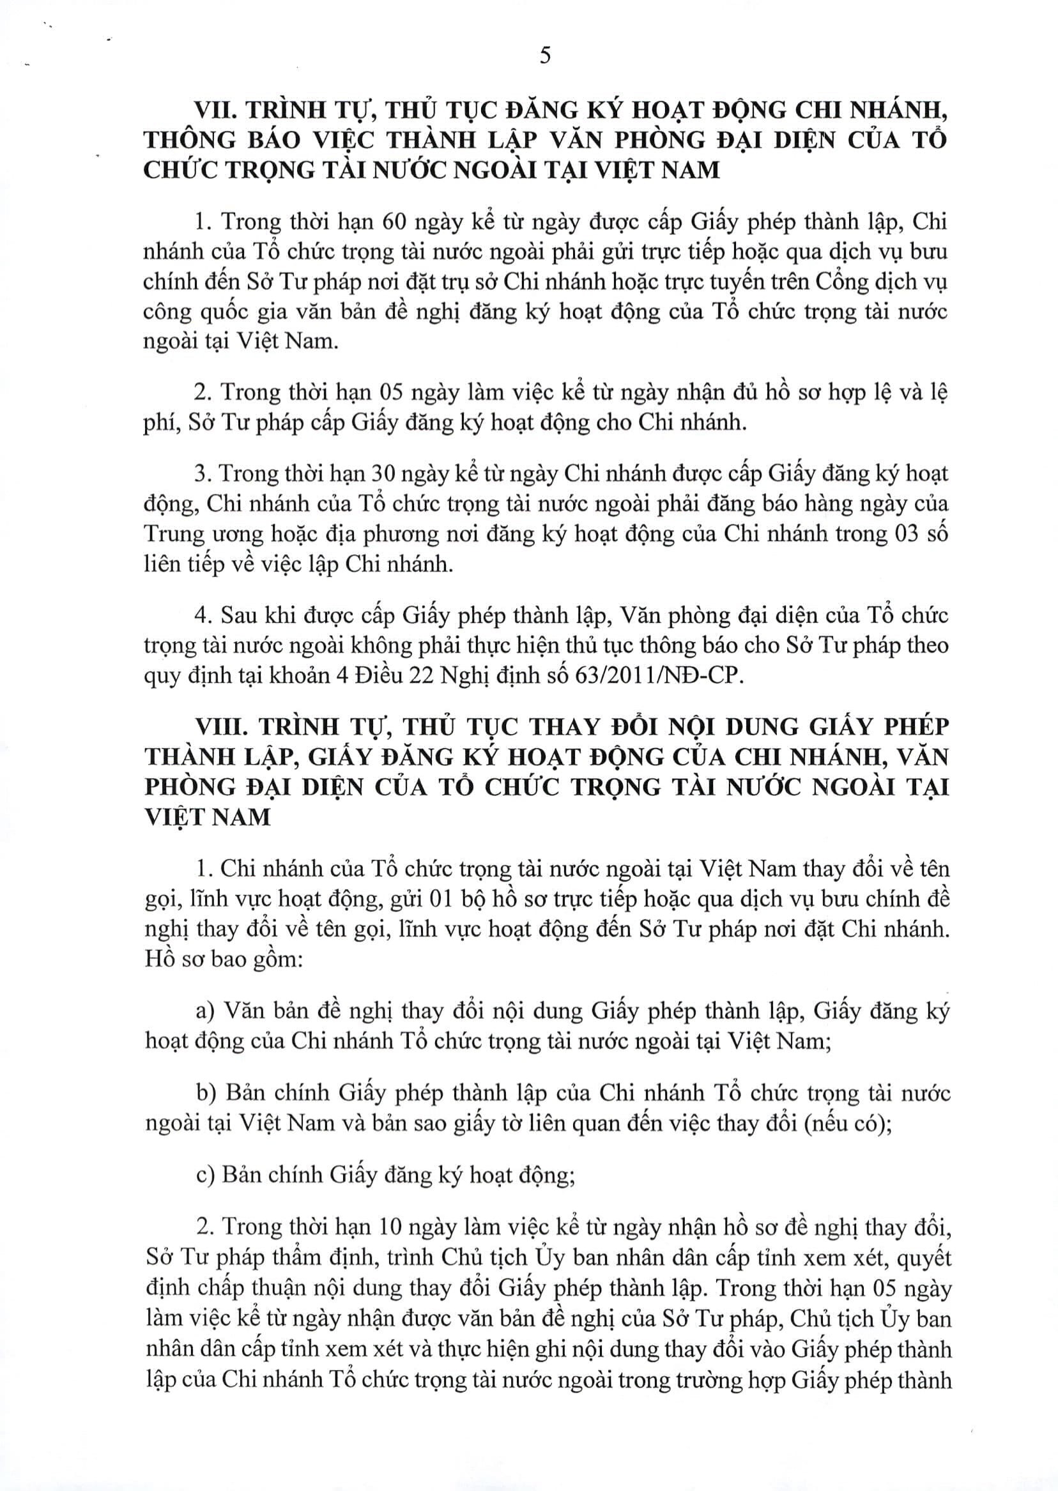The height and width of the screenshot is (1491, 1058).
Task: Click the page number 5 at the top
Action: click(x=545, y=56)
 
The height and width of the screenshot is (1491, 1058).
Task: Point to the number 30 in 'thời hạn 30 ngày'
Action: click(x=385, y=474)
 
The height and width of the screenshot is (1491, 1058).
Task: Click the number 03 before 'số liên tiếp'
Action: click(x=901, y=534)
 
